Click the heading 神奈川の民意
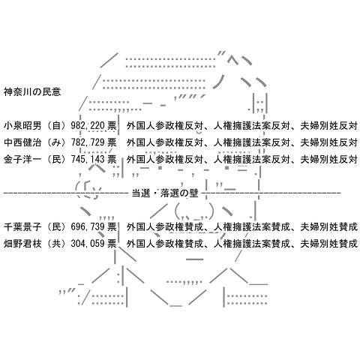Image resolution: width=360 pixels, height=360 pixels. (x=32, y=92)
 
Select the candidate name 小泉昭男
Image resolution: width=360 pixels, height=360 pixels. (x=22, y=125)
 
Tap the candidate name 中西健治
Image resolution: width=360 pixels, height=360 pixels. (x=22, y=142)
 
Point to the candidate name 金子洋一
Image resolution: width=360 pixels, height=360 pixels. (x=22, y=159)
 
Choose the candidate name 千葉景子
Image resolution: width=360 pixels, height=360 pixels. (x=22, y=226)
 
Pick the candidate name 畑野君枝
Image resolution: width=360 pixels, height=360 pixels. (x=22, y=243)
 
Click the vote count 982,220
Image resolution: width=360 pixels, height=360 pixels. (x=88, y=125)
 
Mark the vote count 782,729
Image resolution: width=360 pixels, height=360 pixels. (x=88, y=142)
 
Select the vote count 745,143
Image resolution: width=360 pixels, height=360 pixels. (x=88, y=159)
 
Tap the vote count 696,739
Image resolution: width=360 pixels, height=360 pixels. (x=88, y=226)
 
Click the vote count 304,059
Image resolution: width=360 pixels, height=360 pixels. (x=88, y=243)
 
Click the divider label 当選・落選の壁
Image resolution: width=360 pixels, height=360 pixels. (x=165, y=193)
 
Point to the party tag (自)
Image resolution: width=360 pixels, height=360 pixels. (x=57, y=125)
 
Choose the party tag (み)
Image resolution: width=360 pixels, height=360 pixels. (x=57, y=142)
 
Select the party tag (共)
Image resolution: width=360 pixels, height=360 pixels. (x=57, y=243)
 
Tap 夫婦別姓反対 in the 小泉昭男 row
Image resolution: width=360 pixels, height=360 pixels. (x=328, y=125)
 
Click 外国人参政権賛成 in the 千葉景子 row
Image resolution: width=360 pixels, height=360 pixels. (x=165, y=226)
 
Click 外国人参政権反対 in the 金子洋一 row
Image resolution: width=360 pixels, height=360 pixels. (x=165, y=159)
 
